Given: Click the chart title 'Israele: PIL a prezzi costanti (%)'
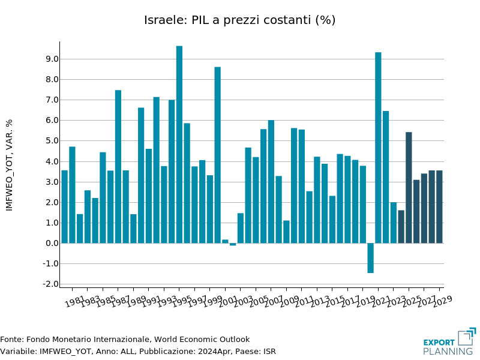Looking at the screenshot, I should point(239,20).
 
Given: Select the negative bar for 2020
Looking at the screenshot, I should point(370,258).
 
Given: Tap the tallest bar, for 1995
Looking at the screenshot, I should point(179,144).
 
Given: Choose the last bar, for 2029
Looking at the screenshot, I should point(439,206).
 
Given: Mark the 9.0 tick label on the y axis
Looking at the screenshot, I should point(51,59).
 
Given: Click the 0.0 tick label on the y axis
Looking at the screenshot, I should point(51,243).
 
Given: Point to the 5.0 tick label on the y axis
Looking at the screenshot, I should point(51,141).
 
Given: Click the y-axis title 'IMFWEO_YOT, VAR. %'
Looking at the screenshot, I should point(9,164).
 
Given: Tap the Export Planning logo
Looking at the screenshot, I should point(449,341).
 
